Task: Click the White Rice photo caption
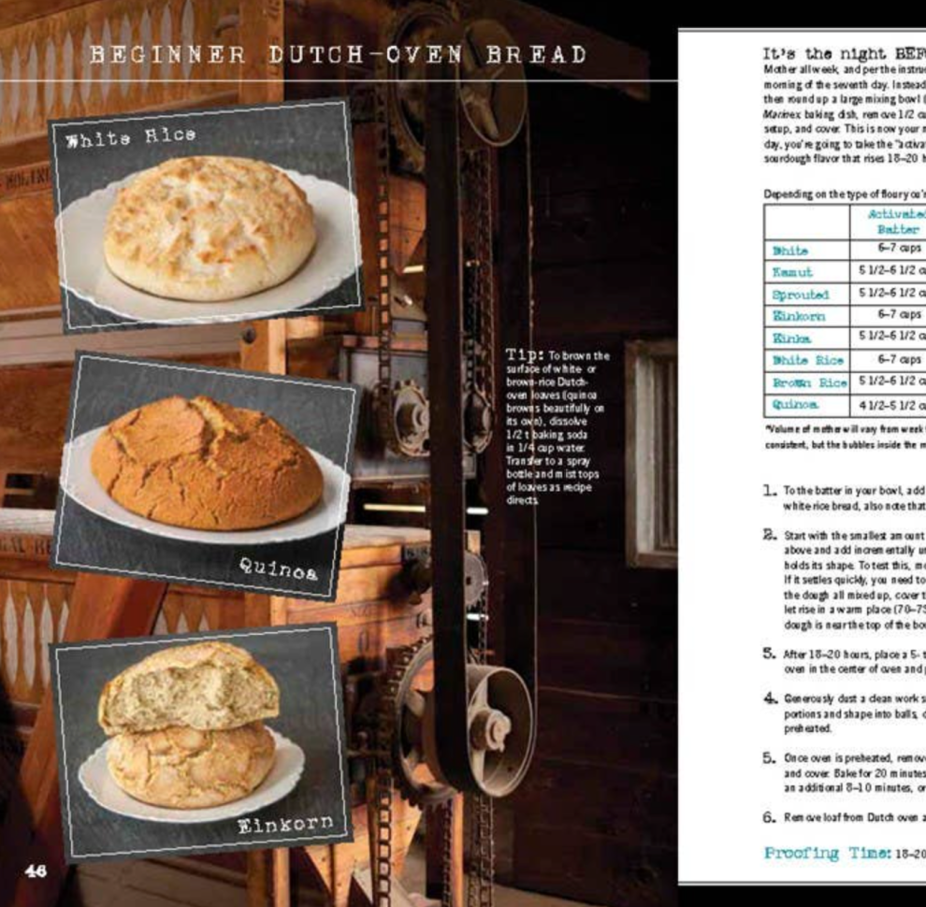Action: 130,136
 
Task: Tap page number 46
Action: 36,870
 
